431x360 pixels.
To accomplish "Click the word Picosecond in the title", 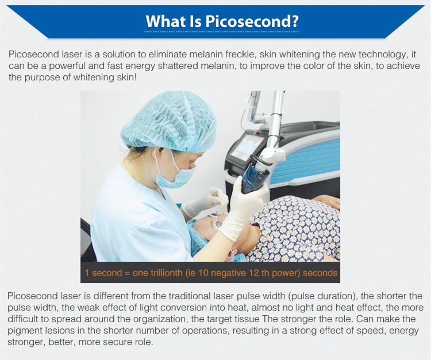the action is [248, 21].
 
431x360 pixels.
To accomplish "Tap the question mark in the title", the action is [295, 21].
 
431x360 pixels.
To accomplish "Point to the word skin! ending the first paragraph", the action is [126, 78].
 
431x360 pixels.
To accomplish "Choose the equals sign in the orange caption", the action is [127, 273].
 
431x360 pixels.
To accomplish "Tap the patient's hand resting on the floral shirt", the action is [326, 202].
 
